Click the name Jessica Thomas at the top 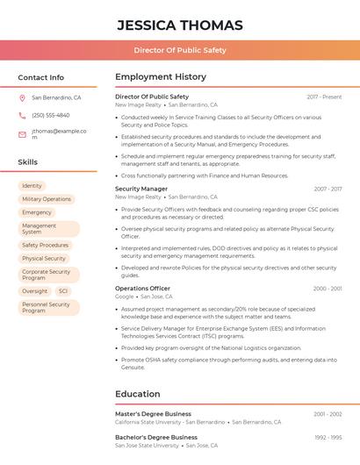point(179,24)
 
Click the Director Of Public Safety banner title point(180,51)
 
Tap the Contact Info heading point(41,77)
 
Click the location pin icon point(22,98)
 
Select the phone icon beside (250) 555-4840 point(22,116)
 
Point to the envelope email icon point(22,134)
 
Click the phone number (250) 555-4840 point(50,116)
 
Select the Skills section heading point(28,162)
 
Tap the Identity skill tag point(32,186)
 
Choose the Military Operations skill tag point(47,199)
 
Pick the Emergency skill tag point(37,212)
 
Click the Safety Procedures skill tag point(45,246)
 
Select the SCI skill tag point(63,291)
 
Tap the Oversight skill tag point(35,291)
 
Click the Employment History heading point(161,77)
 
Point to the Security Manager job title point(141,189)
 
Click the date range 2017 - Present point(324,97)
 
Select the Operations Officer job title point(143,289)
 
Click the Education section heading point(138,394)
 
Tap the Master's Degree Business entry point(153,413)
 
